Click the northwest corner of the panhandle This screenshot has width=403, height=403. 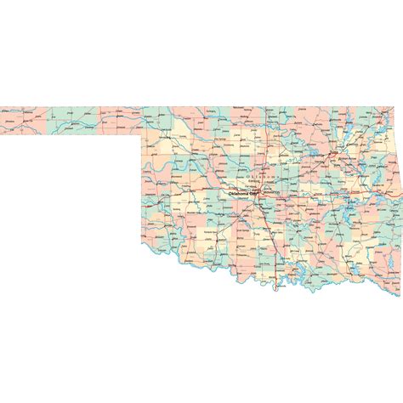click(2, 107)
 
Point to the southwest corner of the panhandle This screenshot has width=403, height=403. click(2, 134)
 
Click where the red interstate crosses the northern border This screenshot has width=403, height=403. click(265, 107)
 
